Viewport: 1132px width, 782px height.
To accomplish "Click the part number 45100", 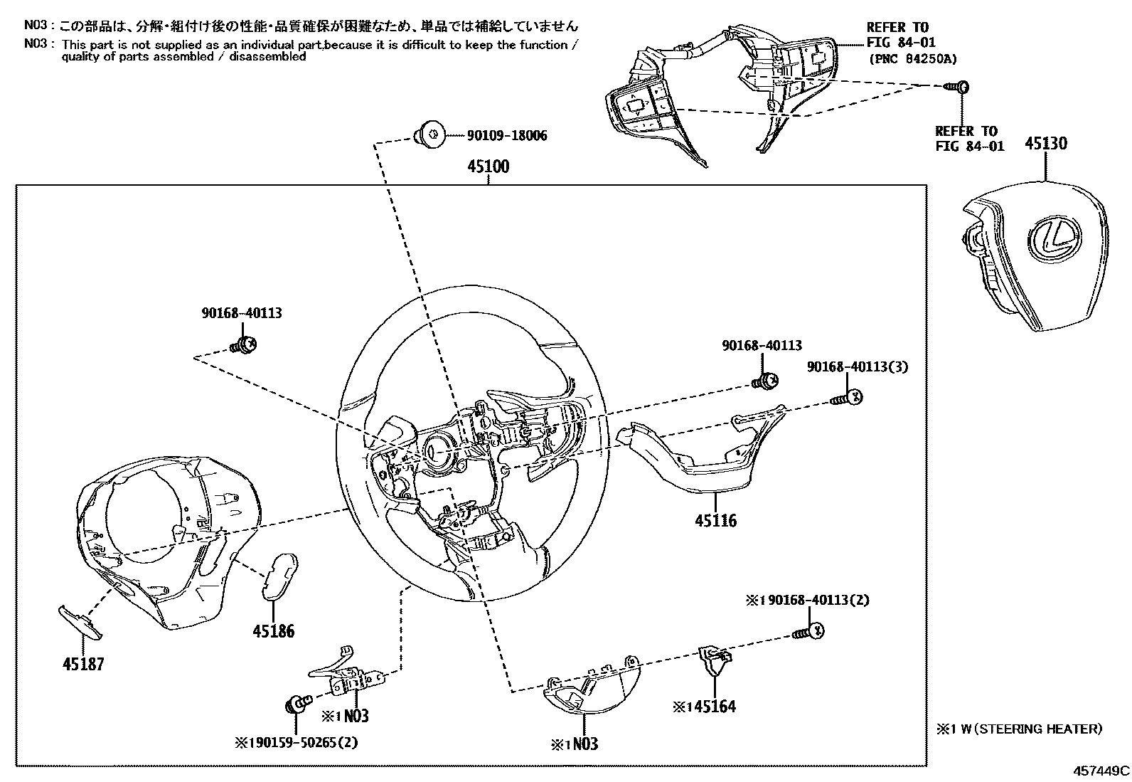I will [x=488, y=167].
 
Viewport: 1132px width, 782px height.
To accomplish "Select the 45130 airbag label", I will [x=1045, y=144].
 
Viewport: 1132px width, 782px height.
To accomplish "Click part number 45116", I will [x=715, y=521].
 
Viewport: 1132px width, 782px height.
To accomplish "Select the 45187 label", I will [x=83, y=665].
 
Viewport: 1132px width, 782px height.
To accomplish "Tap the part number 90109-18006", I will [x=506, y=135].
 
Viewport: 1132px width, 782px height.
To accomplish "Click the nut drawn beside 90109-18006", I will [x=429, y=134].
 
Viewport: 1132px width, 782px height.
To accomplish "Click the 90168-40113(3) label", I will [x=857, y=366].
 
